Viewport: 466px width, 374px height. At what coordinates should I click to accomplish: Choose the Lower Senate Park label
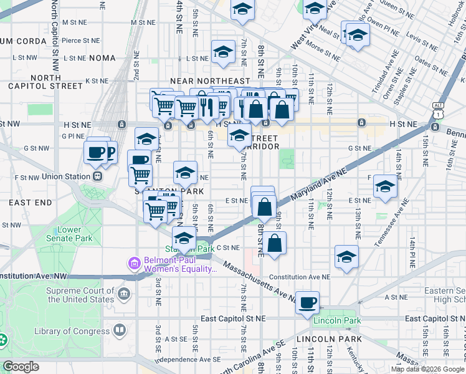click(74, 234)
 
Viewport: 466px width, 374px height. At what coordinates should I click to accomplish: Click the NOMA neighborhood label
click(103, 58)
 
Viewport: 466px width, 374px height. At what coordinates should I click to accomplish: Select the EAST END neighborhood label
click(31, 203)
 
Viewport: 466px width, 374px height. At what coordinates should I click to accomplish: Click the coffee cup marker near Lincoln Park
click(307, 303)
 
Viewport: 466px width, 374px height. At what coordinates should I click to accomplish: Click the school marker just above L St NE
click(223, 53)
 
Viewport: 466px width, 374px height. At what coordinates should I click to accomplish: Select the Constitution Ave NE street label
click(300, 277)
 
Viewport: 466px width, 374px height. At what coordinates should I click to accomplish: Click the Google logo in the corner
click(21, 367)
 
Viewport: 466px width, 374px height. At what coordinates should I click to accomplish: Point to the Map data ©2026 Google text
click(427, 369)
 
